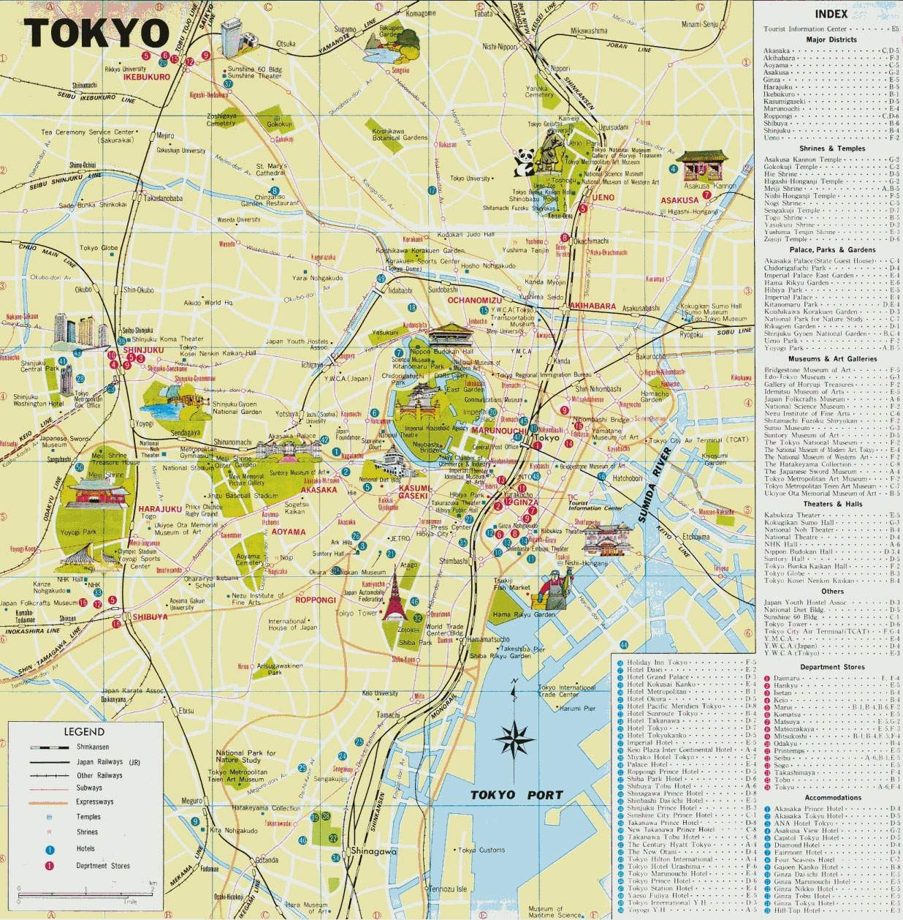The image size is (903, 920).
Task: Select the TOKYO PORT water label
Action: pos(517,795)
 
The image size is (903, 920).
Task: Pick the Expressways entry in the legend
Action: pos(94,802)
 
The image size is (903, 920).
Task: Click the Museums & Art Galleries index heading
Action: pos(832,359)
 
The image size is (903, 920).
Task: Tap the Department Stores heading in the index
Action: pos(832,667)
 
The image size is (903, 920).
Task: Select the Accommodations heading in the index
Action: pos(832,798)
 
